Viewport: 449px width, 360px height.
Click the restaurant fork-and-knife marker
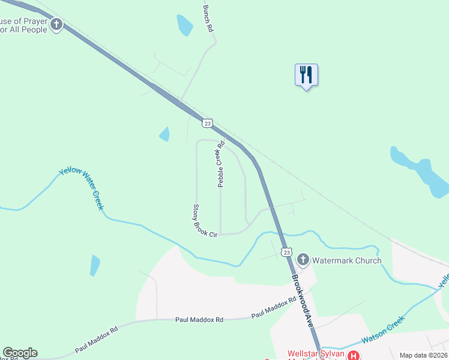306,75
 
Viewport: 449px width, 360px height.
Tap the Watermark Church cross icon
303,260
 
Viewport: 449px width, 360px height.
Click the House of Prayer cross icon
56,25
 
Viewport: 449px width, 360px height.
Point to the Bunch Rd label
208,19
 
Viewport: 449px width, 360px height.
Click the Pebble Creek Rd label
220,164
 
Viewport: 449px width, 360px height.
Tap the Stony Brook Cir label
204,221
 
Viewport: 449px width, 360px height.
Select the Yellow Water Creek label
82,189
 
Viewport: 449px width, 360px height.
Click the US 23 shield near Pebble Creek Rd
207,123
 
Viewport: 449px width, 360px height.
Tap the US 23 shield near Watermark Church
287,253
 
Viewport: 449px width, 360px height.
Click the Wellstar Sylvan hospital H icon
354,355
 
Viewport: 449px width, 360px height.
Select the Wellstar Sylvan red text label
315,354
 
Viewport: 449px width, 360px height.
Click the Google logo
20,353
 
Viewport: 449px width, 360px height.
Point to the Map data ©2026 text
423,355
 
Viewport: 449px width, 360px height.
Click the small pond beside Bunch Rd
185,25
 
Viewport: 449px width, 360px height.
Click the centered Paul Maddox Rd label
199,320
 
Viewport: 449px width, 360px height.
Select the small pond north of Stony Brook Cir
164,134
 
